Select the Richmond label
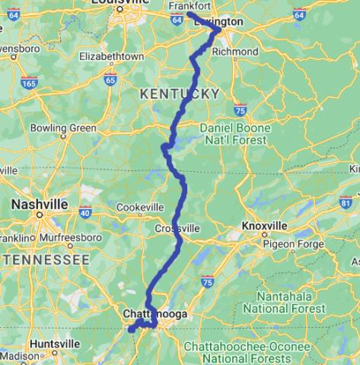point(235,52)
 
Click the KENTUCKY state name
point(179,93)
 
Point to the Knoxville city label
point(264,226)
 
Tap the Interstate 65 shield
point(111,79)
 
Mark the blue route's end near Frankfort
point(189,14)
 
